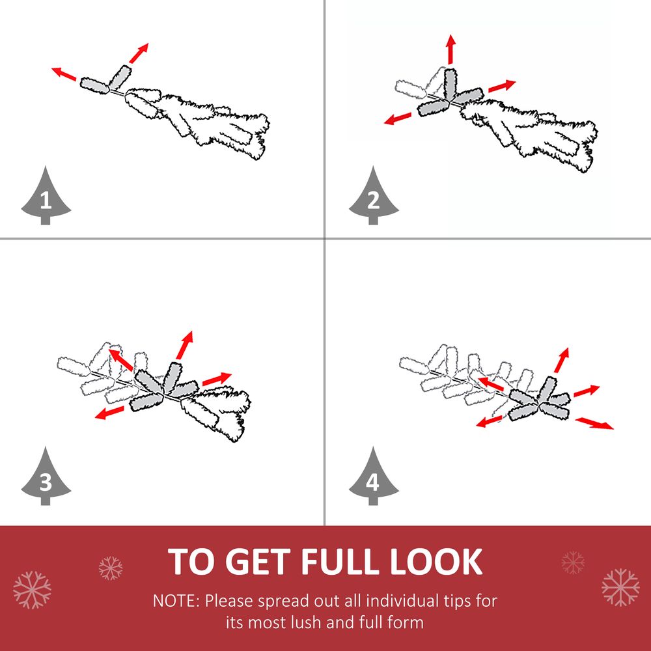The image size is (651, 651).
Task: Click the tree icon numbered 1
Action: point(46,197)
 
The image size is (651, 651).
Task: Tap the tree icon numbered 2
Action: point(374,197)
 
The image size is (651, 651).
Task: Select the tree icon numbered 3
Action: point(46,477)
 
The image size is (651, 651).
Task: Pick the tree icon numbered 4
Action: point(374,477)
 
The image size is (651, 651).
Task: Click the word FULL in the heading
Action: point(341,561)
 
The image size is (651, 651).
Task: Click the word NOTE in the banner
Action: point(176,601)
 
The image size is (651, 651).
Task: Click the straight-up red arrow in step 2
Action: point(451,49)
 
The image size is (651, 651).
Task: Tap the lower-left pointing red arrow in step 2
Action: point(398,118)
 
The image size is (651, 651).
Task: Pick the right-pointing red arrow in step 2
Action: point(502,86)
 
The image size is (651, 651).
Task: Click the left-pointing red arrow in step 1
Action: point(64,74)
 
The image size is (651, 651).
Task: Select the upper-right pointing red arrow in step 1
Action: point(139,53)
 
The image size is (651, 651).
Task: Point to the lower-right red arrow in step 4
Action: point(594,424)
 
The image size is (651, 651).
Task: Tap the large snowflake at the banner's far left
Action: point(32,590)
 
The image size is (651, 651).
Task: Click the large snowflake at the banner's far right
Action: point(620,587)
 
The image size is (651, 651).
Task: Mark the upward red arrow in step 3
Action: point(184,345)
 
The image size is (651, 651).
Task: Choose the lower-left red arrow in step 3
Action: point(109,413)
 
